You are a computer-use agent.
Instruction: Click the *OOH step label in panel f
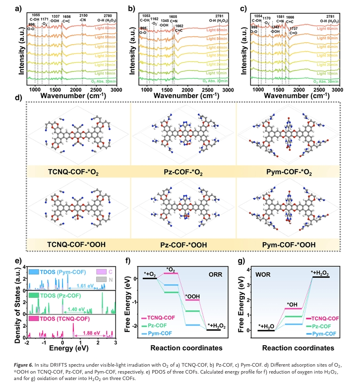192,297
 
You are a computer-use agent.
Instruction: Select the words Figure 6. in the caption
26,364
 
